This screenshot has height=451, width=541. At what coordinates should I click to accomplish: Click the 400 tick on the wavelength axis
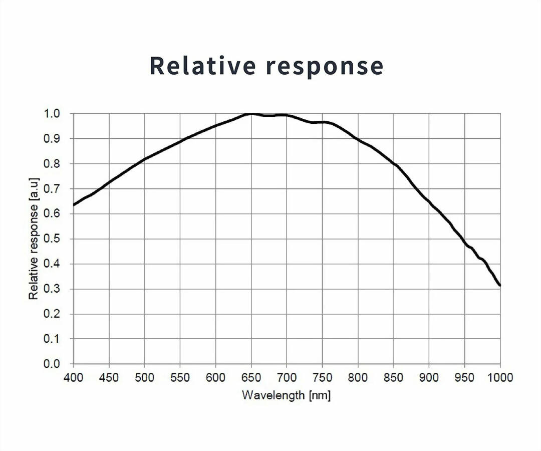73,377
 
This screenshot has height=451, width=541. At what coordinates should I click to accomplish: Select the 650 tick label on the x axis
251,377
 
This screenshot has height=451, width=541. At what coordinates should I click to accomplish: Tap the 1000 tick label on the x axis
500,377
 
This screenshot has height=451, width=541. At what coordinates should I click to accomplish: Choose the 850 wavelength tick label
393,377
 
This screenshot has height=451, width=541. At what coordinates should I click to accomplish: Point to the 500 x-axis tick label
144,377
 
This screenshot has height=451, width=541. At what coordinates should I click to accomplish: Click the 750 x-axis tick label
322,377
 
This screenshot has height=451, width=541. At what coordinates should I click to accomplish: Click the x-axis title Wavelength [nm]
286,395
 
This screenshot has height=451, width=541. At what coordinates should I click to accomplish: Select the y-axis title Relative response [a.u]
34,239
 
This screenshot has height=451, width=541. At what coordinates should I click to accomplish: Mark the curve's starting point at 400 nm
74,205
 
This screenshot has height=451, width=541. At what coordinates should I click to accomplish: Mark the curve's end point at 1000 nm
500,286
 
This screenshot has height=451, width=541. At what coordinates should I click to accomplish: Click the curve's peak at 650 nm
251,114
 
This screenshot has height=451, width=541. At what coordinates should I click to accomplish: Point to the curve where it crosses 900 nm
429,201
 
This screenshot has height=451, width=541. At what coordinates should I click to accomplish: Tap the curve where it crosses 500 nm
144,159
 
